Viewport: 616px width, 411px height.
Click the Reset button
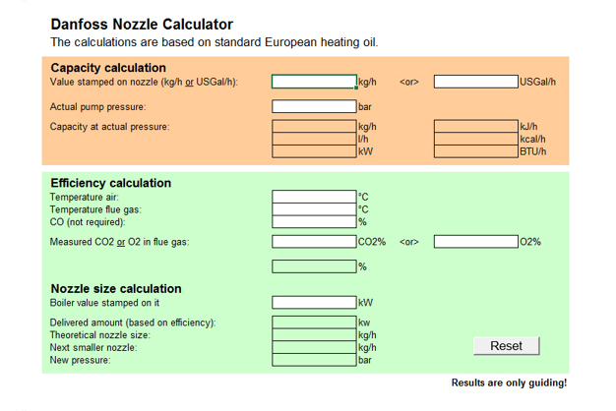tap(507, 346)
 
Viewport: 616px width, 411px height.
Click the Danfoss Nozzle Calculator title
tap(142, 24)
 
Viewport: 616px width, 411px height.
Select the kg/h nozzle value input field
tap(314, 82)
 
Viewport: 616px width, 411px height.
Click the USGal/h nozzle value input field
tap(476, 82)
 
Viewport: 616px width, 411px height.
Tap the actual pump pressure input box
tap(314, 106)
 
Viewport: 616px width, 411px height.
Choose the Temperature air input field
tap(314, 197)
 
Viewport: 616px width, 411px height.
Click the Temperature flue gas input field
tap(314, 209)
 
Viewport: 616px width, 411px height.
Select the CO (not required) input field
tap(314, 222)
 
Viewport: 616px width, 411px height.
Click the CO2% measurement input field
tap(314, 242)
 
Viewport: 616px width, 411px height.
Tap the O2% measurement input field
tap(476, 242)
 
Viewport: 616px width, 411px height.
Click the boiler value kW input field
tap(314, 303)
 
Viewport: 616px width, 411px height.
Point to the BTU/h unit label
tap(532, 151)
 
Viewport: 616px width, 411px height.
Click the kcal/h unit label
tap(532, 139)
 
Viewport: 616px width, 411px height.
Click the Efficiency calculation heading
tap(110, 183)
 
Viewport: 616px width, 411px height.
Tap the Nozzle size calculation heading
tap(116, 288)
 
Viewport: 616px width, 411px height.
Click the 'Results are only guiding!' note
tap(509, 382)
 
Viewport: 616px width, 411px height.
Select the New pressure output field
tap(314, 360)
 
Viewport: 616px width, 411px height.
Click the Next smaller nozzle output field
tap(314, 347)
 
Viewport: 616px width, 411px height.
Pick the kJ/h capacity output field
tap(476, 127)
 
